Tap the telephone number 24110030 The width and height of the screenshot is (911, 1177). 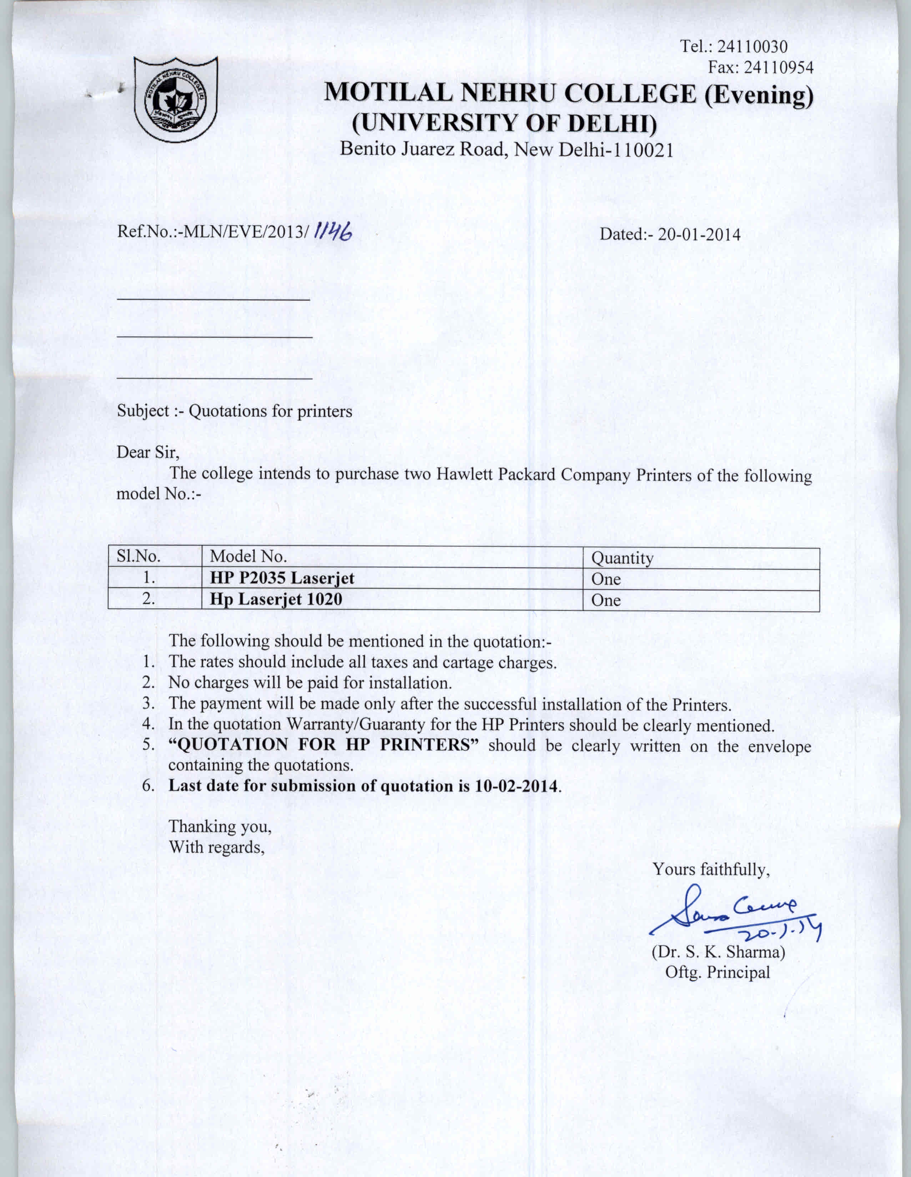tap(753, 46)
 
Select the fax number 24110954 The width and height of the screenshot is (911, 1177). tap(778, 67)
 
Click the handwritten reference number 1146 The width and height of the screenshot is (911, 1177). tap(335, 232)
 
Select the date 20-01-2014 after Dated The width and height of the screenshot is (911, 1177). tap(699, 234)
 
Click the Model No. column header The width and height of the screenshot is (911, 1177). tap(248, 556)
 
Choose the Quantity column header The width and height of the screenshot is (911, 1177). tap(622, 558)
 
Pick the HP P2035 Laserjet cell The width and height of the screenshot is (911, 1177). tap(282, 578)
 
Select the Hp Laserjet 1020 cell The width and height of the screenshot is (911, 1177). tap(276, 599)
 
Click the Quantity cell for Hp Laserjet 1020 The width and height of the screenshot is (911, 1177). tap(606, 600)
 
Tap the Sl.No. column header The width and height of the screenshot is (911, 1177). tap(139, 556)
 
